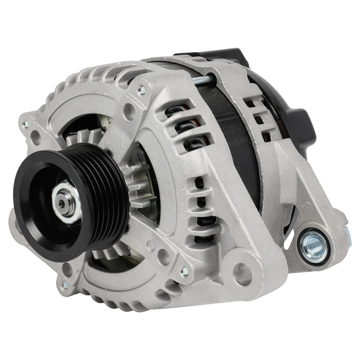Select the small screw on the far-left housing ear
point(25,123)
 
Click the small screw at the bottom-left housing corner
point(64,284)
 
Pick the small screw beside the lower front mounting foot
point(184,271)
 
